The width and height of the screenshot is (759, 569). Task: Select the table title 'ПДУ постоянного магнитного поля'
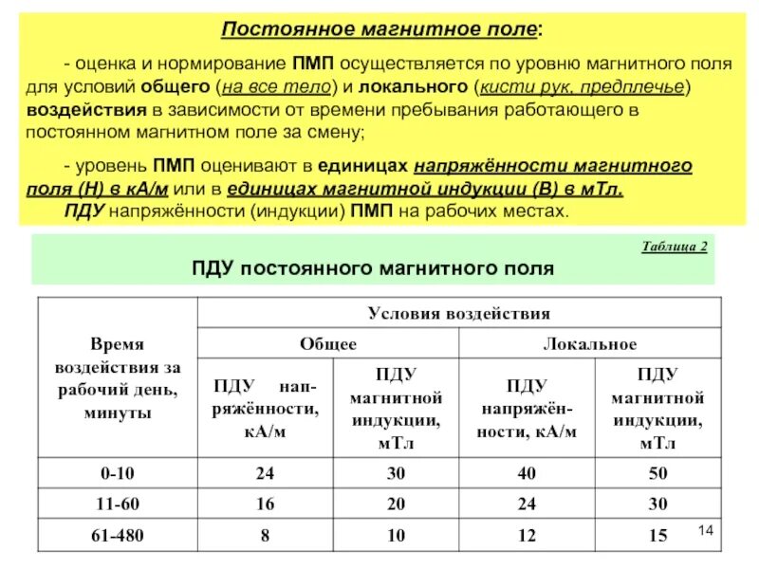[x=373, y=269]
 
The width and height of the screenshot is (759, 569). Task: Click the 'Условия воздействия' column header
[x=459, y=312]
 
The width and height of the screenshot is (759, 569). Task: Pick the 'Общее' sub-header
[x=328, y=344]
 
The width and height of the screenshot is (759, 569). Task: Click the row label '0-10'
[x=118, y=473]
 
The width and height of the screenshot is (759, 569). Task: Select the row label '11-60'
[x=118, y=505]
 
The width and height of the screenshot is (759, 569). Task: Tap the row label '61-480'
[x=118, y=537]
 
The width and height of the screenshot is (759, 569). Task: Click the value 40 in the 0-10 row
[x=527, y=473]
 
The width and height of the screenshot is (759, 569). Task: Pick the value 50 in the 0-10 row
[x=657, y=473]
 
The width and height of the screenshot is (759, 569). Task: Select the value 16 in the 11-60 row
[x=266, y=505]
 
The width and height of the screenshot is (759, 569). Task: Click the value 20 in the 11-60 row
[x=396, y=505]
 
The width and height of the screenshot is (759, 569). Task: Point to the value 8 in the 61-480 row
[x=266, y=537]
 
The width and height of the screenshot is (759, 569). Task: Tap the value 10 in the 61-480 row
[x=396, y=537]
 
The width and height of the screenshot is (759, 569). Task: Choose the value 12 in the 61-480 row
[x=527, y=537]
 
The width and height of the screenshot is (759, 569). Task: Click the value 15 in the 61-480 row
[x=657, y=537]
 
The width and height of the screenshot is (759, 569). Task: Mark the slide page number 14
[x=704, y=527]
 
